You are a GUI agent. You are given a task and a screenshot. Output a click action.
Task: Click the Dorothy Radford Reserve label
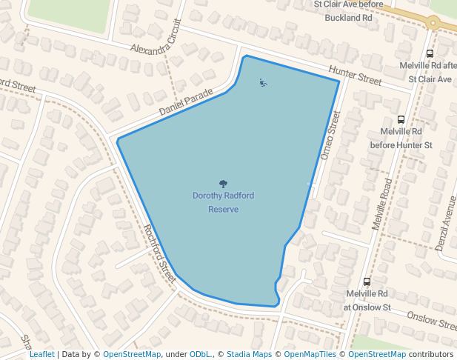click(223, 202)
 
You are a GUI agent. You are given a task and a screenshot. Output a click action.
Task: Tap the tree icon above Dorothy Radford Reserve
click(223, 183)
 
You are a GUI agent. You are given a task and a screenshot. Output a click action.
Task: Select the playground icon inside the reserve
click(263, 82)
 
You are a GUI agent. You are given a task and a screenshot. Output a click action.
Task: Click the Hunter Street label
click(355, 75)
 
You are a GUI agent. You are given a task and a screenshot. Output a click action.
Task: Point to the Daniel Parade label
click(186, 102)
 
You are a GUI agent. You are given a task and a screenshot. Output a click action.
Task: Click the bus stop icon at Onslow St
click(367, 281)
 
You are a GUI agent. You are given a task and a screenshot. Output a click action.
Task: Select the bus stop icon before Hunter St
click(401, 119)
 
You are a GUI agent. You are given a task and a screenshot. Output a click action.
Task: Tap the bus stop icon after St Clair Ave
click(430, 53)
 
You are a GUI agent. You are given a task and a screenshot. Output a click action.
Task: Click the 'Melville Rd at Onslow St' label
click(366, 300)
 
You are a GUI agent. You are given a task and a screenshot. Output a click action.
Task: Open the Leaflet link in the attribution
click(41, 354)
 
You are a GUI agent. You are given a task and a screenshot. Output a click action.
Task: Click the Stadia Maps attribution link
click(249, 354)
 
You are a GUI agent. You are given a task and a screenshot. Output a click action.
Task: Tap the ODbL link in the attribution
click(201, 354)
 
